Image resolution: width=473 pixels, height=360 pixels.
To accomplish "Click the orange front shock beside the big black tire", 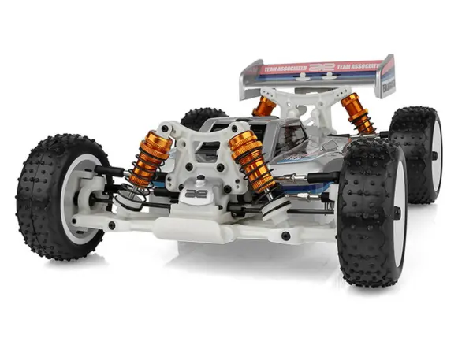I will (251, 162).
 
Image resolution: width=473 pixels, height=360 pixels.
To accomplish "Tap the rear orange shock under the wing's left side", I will (263, 106).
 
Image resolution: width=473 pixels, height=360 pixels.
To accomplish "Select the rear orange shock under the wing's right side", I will (357, 113).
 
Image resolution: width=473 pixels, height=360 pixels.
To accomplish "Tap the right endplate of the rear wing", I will (385, 76).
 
